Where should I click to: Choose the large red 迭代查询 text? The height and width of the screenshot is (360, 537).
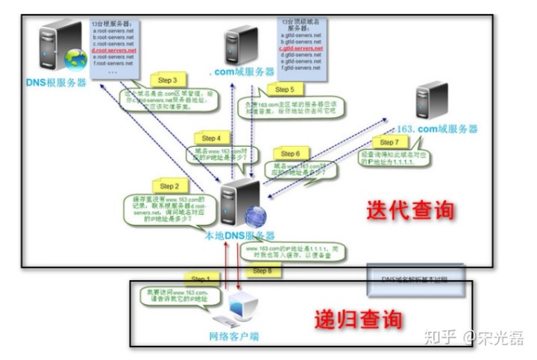click(410, 210)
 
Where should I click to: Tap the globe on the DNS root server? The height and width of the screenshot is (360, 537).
click(75, 59)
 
